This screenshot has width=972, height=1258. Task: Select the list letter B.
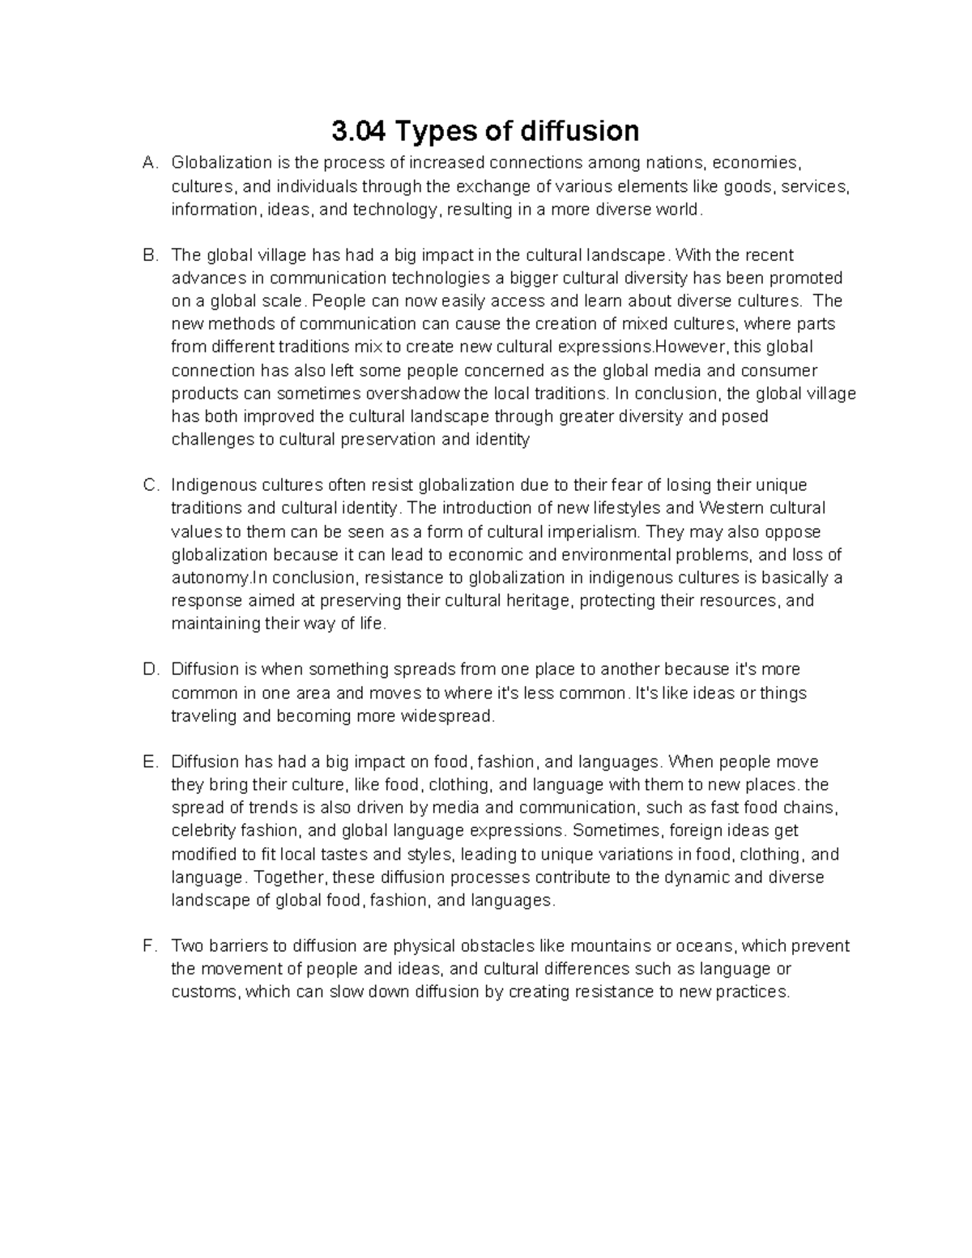point(149,255)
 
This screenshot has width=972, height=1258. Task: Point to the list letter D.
point(149,670)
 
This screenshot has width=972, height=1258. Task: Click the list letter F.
point(148,946)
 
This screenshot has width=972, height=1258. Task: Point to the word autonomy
point(209,578)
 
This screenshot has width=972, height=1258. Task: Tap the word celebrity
point(203,831)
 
